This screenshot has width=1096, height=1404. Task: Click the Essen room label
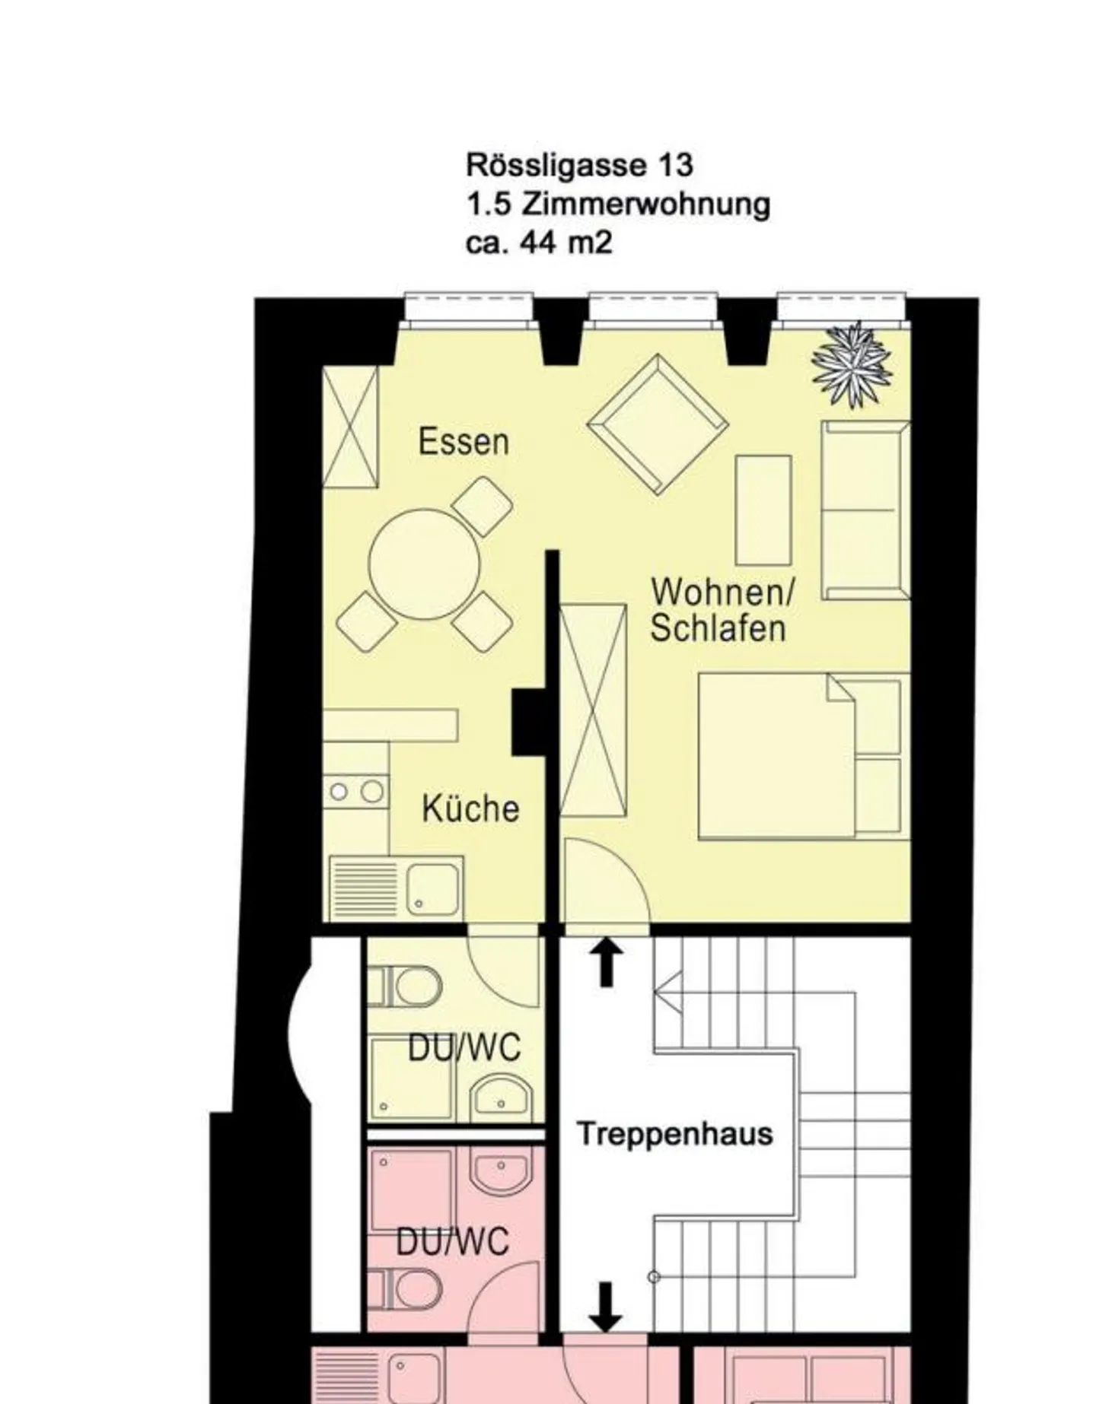pyautogui.click(x=464, y=442)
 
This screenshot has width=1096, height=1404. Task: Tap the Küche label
pyautogui.click(x=470, y=808)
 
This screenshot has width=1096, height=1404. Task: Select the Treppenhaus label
pyautogui.click(x=675, y=1134)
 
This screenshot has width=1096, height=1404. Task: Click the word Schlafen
pyautogui.click(x=718, y=629)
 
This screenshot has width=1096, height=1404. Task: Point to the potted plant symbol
pyautogui.click(x=852, y=364)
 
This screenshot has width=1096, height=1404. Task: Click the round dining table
pyautogui.click(x=425, y=564)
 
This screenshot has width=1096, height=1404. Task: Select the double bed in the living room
pyautogui.click(x=804, y=756)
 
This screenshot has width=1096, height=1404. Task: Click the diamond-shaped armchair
pyautogui.click(x=658, y=424)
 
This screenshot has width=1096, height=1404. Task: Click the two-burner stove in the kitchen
pyautogui.click(x=355, y=792)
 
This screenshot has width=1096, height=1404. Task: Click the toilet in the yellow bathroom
pyautogui.click(x=404, y=986)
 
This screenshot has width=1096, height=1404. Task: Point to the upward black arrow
pyautogui.click(x=606, y=962)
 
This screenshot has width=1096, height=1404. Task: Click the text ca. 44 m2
pyautogui.click(x=539, y=243)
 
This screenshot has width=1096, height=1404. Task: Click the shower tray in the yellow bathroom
pyautogui.click(x=412, y=1078)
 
